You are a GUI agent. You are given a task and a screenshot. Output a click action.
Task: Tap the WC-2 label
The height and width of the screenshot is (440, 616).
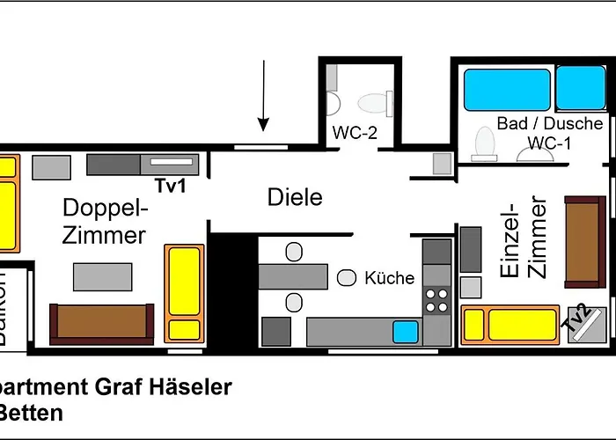(x=355, y=133)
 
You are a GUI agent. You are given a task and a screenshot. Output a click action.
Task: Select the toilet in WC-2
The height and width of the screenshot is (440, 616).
(x=376, y=104)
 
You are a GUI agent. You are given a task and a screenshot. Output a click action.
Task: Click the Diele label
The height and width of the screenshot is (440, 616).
(x=295, y=197)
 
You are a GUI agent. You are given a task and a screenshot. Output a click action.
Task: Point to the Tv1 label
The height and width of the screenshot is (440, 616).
(x=171, y=186)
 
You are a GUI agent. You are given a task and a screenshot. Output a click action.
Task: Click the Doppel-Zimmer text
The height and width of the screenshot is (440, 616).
(x=104, y=222)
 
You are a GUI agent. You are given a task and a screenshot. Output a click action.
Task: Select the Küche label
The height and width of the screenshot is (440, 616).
(x=389, y=278)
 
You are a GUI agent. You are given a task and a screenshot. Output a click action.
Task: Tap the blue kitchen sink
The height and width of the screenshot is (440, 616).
(x=405, y=332)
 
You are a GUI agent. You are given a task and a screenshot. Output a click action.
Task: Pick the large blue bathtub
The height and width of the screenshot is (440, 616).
(x=507, y=90)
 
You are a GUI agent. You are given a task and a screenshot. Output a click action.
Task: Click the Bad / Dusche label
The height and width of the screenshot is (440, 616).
(x=550, y=123)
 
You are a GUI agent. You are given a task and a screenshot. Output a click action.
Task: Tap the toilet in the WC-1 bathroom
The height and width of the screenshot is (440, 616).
(x=485, y=144)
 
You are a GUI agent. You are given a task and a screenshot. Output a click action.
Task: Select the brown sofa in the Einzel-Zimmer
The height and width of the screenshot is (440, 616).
(x=584, y=244)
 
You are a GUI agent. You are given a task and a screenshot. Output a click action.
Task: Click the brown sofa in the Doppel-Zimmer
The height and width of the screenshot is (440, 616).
(x=101, y=322)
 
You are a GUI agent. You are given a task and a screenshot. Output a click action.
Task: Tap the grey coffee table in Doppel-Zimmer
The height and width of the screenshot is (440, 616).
(x=102, y=277)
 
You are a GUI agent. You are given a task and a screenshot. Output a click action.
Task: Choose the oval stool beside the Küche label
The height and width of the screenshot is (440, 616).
(x=347, y=278)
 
